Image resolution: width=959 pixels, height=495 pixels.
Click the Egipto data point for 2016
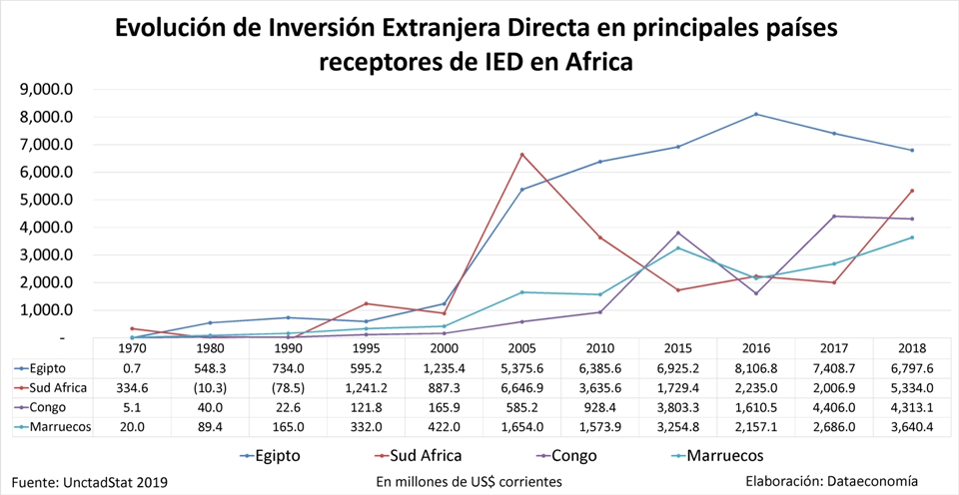[756, 114]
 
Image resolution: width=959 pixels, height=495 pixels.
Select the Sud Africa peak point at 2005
[521, 155]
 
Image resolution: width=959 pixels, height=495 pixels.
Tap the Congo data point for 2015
[678, 233]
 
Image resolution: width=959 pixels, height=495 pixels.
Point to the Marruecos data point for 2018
[912, 238]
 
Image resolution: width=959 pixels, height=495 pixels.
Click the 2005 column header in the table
[521, 348]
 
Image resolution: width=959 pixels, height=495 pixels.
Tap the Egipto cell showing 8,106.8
[756, 368]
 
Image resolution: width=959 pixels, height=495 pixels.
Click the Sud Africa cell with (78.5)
[287, 387]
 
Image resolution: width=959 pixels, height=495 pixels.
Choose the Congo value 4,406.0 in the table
[834, 407]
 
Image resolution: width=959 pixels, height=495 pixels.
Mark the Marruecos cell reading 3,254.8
[678, 426]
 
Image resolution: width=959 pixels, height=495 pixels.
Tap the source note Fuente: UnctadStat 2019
[90, 481]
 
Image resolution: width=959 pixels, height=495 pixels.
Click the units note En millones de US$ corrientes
[469, 481]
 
